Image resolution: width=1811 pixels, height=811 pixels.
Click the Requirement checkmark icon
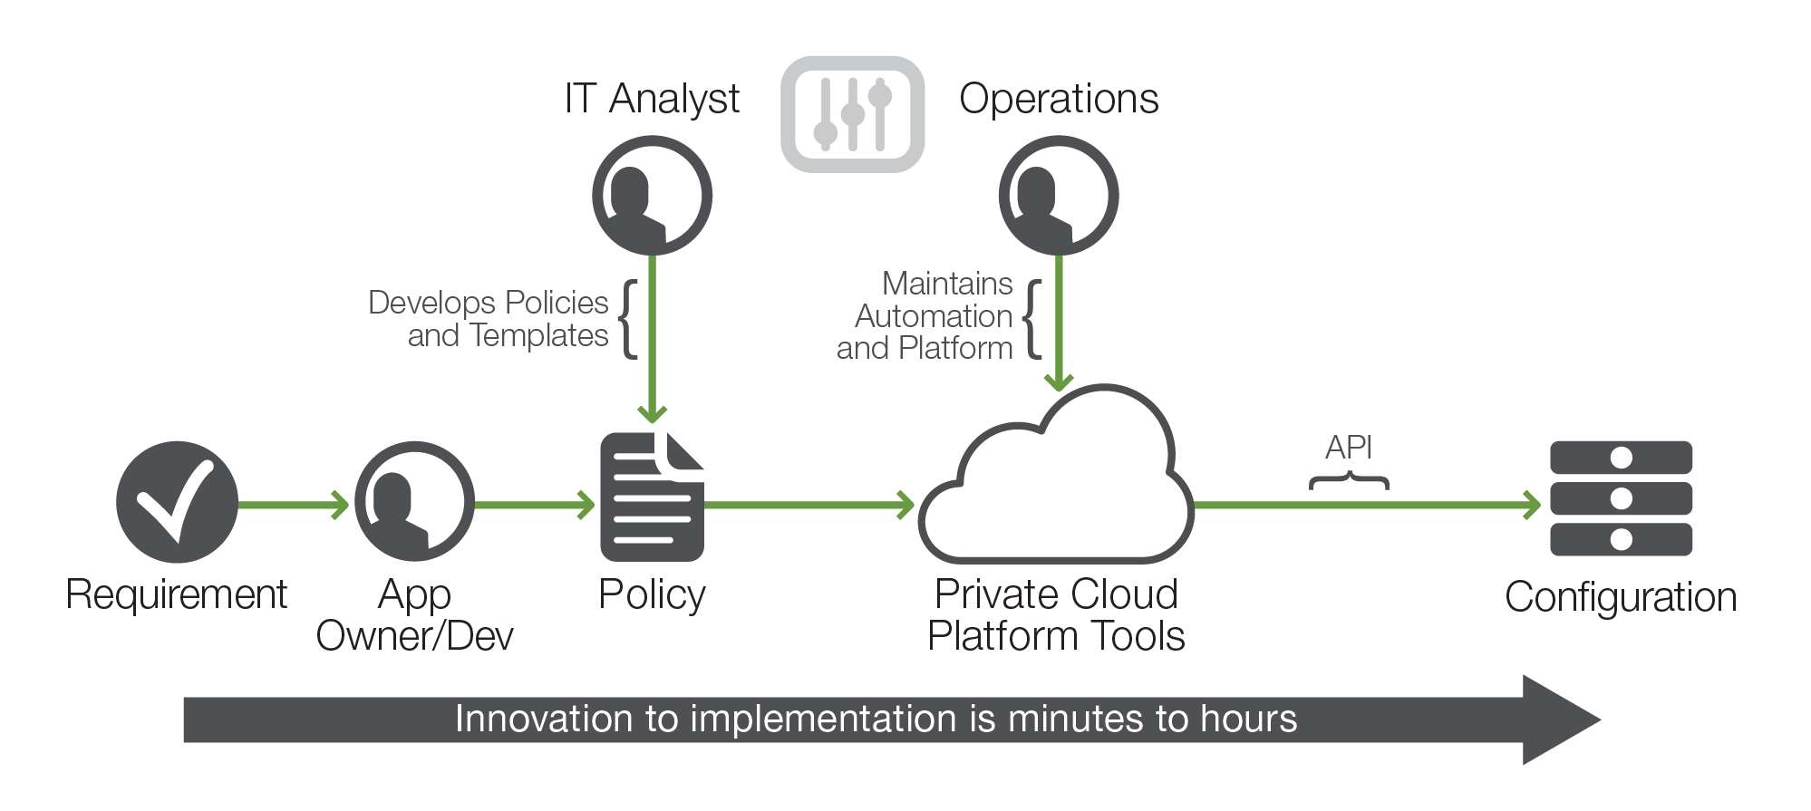(x=177, y=502)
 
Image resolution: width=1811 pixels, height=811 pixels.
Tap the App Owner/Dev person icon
(x=414, y=502)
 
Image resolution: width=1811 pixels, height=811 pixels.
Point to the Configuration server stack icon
(x=1621, y=498)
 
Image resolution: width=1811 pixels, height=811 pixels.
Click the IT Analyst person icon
(x=652, y=195)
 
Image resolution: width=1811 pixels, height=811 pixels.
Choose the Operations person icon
(x=1058, y=195)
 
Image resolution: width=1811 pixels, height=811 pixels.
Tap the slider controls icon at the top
(x=852, y=114)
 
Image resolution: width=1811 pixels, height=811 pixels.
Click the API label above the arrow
(x=1348, y=448)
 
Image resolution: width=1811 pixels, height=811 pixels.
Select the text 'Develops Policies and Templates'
(x=489, y=319)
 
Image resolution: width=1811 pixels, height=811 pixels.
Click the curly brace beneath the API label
(x=1349, y=481)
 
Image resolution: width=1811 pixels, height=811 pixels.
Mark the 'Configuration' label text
(x=1621, y=598)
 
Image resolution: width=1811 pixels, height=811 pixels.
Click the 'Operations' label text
(x=1059, y=99)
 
